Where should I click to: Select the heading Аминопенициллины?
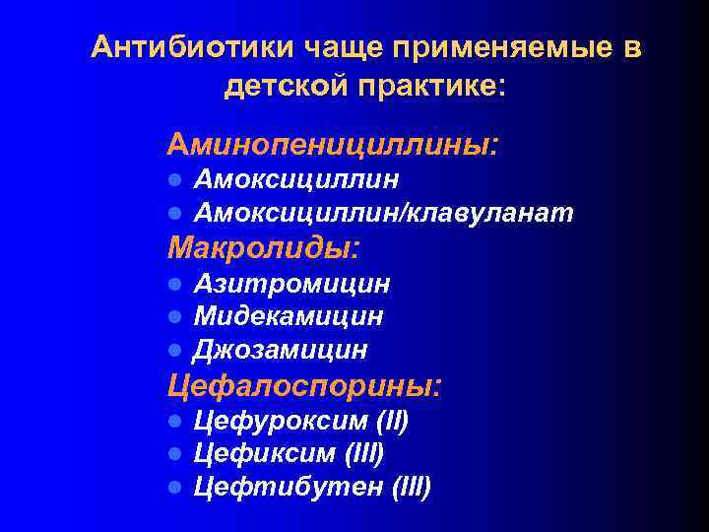point(333,146)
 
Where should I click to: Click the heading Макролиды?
point(264,245)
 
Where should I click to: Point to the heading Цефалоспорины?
point(305,384)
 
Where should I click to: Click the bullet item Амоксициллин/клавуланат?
point(384,212)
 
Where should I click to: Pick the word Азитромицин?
point(291,284)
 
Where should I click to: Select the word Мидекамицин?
point(289,316)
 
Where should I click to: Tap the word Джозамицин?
point(281,349)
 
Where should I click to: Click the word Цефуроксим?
point(280,422)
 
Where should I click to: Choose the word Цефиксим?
point(265,454)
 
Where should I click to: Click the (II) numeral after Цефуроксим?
point(391,422)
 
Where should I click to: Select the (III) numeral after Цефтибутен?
point(412,487)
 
